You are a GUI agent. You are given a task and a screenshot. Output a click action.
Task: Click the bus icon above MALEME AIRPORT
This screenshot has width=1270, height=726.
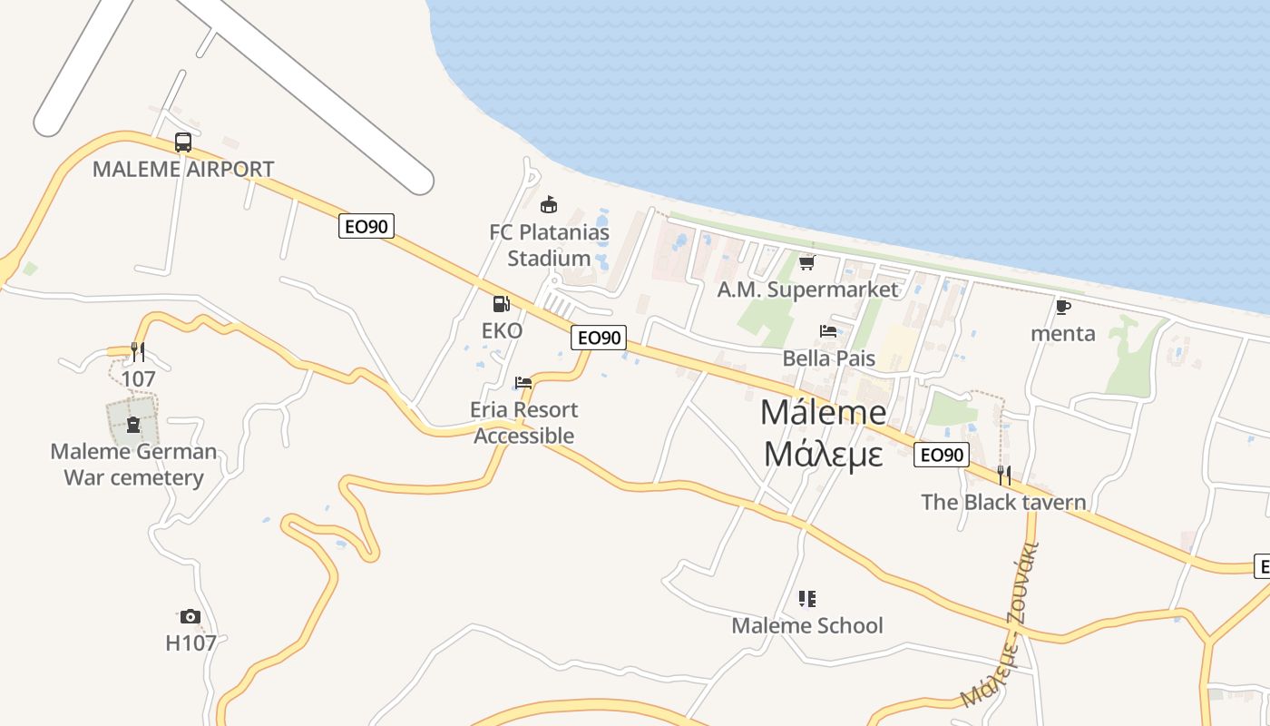coord(183,142)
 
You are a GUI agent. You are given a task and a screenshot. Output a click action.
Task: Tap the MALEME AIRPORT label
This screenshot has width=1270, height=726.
coord(183,170)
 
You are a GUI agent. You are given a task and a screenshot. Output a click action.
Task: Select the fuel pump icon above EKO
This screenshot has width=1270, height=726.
coord(501,305)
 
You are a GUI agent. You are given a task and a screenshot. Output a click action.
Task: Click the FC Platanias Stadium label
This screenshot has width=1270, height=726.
coord(549,245)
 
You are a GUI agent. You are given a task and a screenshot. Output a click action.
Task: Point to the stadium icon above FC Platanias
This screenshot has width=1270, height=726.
coord(548,204)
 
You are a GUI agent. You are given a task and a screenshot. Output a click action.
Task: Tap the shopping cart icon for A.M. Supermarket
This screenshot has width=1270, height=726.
coord(806,262)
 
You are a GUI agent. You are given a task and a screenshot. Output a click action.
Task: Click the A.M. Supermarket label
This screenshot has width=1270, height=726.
coord(807,289)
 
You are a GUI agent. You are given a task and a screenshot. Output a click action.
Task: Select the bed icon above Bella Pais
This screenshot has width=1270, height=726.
coord(828,331)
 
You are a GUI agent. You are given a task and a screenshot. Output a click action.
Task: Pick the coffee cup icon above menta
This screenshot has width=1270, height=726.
coord(1063,307)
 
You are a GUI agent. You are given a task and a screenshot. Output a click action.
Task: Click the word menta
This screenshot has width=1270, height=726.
coord(1063,333)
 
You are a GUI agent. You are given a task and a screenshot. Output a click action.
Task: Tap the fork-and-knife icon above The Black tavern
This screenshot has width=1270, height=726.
coord(1003,475)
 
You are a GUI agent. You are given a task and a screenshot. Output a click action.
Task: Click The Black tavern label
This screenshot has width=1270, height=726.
coord(1003,502)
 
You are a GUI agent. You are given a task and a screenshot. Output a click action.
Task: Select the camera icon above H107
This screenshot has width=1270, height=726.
coord(190,617)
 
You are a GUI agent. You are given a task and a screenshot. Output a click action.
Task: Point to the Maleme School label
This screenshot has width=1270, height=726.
coord(806,625)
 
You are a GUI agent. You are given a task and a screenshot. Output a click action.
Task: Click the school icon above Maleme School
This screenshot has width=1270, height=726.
coord(806,599)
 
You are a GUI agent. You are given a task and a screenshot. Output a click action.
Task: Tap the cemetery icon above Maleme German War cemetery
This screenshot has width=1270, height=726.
coord(133,424)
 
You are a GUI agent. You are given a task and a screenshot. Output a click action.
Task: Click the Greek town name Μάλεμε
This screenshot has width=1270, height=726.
coord(823,453)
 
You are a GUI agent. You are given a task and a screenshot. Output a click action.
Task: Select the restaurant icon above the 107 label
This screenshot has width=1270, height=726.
coord(138,351)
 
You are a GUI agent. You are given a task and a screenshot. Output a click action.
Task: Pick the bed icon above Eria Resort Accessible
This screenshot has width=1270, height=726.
coord(523,383)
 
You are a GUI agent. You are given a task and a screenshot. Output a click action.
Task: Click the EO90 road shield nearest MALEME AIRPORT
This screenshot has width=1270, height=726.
coord(366,226)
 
